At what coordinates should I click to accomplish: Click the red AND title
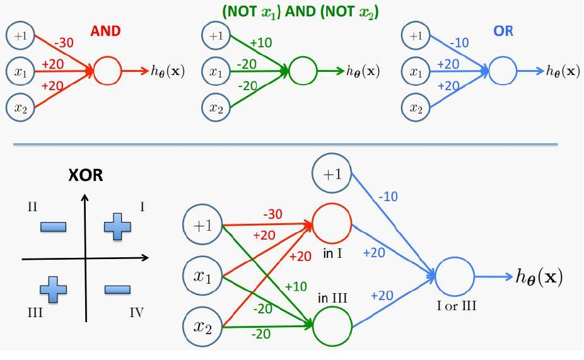pyautogui.click(x=105, y=32)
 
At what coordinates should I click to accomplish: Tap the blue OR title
pyautogui.click(x=503, y=31)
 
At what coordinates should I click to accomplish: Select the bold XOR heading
pyautogui.click(x=85, y=175)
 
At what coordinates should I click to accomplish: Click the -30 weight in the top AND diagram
pyautogui.click(x=64, y=42)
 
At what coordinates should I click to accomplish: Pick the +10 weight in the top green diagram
pyautogui.click(x=260, y=43)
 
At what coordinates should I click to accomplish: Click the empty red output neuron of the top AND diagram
pyautogui.click(x=107, y=71)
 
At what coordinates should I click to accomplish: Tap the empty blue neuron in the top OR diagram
pyautogui.click(x=503, y=71)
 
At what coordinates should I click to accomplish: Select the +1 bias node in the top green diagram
pyautogui.click(x=216, y=36)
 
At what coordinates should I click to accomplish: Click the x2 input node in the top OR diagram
pyautogui.click(x=416, y=108)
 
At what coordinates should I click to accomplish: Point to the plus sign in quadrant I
pyautogui.click(x=117, y=226)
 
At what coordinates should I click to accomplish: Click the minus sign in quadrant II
pyautogui.click(x=53, y=226)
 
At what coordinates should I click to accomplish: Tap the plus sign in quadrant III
pyautogui.click(x=53, y=289)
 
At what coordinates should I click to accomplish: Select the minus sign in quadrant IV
pyautogui.click(x=117, y=289)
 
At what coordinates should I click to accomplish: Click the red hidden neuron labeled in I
pyautogui.click(x=332, y=224)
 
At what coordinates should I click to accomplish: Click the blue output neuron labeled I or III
pyautogui.click(x=454, y=276)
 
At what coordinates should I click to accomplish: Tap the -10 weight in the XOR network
pyautogui.click(x=388, y=197)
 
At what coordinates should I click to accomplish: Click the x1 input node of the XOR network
pyautogui.click(x=202, y=275)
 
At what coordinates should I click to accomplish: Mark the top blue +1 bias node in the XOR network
pyautogui.click(x=332, y=174)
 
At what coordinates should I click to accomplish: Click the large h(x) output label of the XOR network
pyautogui.click(x=539, y=276)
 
